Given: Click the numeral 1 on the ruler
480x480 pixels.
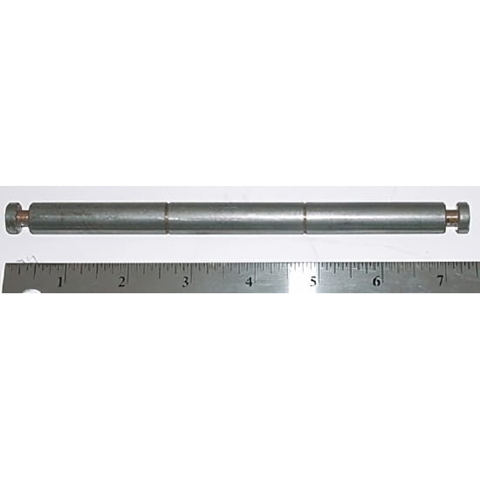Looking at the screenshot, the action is point(60,282).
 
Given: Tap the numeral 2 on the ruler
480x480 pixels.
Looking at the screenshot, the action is point(121,282).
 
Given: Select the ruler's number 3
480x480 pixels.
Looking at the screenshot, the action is point(185,281).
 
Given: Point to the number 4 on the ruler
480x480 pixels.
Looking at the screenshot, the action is point(250,281).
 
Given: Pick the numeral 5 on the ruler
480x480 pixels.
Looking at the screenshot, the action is point(312,281).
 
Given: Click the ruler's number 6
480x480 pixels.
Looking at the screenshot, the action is point(376,281).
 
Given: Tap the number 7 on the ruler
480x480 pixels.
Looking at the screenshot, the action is point(440,281).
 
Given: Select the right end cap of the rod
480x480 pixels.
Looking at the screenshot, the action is point(463,217).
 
